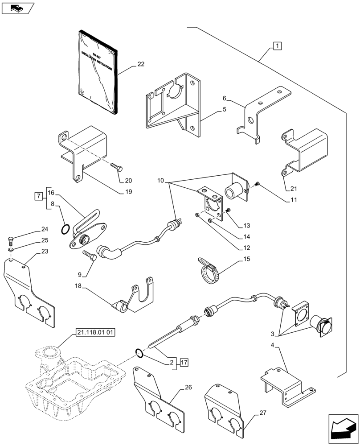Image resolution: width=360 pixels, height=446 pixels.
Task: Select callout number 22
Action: tap(140, 64)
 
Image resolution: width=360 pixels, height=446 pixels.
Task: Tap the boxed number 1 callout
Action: tap(277, 45)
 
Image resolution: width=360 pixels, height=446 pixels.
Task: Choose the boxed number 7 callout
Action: tap(38, 196)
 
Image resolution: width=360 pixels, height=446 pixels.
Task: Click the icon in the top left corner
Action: tap(18, 7)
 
